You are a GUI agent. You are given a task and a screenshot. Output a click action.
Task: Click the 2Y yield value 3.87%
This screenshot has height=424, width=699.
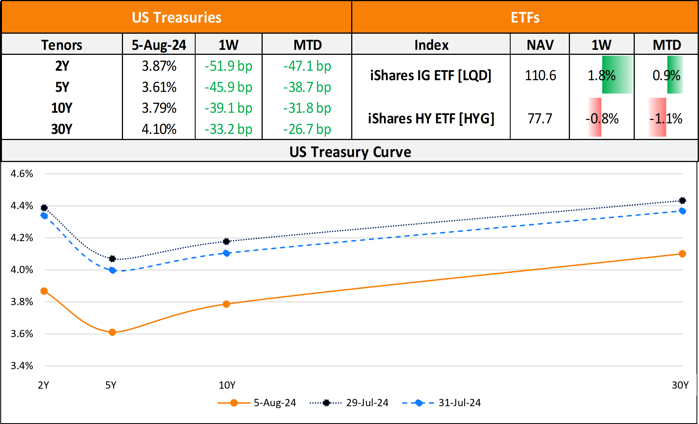click(x=159, y=66)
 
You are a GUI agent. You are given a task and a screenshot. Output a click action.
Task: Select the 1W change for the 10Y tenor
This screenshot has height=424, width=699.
click(x=228, y=108)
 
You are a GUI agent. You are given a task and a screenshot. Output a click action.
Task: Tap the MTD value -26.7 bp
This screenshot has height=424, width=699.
click(x=307, y=129)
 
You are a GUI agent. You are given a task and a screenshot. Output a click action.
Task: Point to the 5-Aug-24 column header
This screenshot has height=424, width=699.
click(x=159, y=45)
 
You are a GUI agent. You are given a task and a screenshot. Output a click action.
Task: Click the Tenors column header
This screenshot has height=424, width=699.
click(x=62, y=45)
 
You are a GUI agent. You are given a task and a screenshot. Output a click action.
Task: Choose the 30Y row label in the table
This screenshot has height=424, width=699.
click(x=62, y=129)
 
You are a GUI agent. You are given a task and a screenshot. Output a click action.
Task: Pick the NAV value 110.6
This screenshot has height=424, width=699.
click(x=540, y=75)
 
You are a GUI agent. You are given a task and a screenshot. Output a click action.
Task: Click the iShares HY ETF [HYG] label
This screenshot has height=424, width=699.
click(x=431, y=118)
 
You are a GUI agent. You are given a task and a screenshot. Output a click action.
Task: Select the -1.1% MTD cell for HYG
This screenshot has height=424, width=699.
click(x=666, y=118)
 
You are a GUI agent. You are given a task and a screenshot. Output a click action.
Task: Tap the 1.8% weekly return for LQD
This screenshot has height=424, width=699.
click(x=601, y=75)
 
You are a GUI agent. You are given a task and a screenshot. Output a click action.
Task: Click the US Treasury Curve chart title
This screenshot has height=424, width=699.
click(x=350, y=152)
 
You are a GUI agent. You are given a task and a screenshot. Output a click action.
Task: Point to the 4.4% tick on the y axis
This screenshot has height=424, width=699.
click(x=22, y=205)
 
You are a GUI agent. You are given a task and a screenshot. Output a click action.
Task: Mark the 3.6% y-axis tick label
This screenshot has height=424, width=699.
click(x=22, y=334)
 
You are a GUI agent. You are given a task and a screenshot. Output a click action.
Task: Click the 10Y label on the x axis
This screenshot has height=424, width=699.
click(x=227, y=385)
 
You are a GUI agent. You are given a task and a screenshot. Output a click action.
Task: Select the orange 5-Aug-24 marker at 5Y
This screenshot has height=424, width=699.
click(x=112, y=332)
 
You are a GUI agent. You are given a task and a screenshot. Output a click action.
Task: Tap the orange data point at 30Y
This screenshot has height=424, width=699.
click(x=683, y=254)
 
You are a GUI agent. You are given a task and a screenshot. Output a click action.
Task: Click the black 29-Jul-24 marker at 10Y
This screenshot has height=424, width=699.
click(x=227, y=242)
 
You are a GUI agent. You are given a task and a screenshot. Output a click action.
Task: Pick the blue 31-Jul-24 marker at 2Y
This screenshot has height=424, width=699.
click(x=44, y=216)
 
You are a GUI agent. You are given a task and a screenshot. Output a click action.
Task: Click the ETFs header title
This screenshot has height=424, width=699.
click(x=525, y=18)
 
